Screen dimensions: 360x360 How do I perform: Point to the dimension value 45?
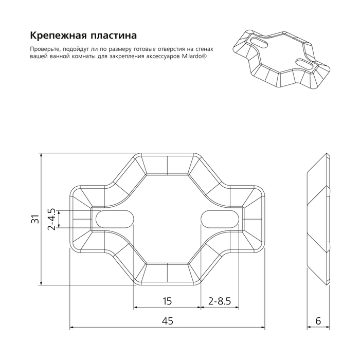[167, 321]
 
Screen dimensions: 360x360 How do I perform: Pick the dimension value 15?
[167, 301]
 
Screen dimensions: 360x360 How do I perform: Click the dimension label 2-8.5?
[219, 301]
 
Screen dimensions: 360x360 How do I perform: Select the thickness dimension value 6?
[319, 321]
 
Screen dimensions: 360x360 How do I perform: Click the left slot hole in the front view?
[114, 219]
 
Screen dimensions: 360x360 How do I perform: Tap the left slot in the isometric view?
[259, 42]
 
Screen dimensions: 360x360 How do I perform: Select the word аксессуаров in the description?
[161, 56]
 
